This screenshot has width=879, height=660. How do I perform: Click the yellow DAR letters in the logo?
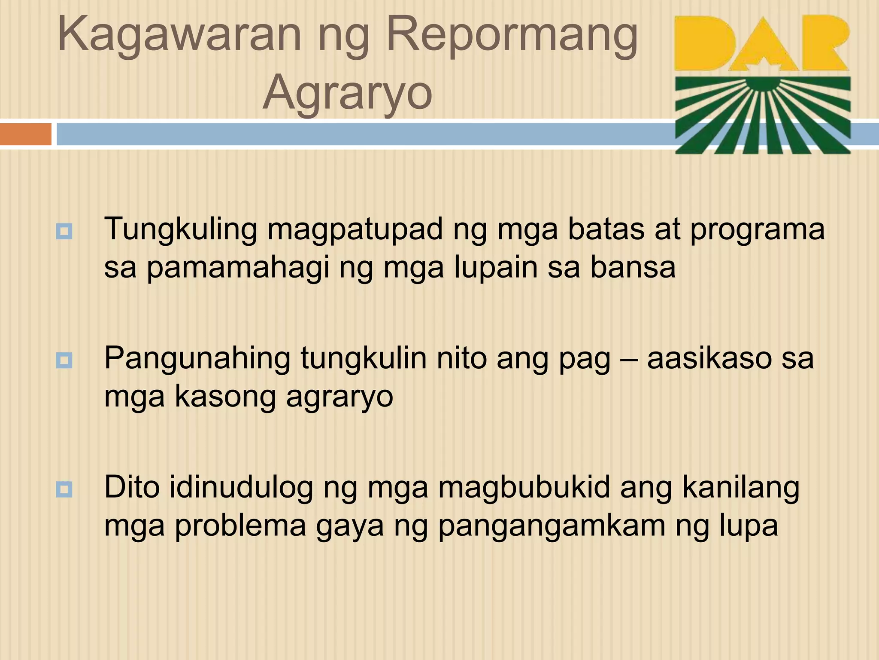pyautogui.click(x=761, y=43)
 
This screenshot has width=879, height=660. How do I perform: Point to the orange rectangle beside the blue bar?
pyautogui.click(x=25, y=134)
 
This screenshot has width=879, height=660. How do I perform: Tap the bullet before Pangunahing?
pyautogui.click(x=64, y=360)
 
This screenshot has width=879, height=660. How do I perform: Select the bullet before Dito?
pyautogui.click(x=64, y=489)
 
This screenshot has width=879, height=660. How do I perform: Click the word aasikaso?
pyautogui.click(x=709, y=358)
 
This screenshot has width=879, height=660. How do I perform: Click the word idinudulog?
pyautogui.click(x=241, y=488)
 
